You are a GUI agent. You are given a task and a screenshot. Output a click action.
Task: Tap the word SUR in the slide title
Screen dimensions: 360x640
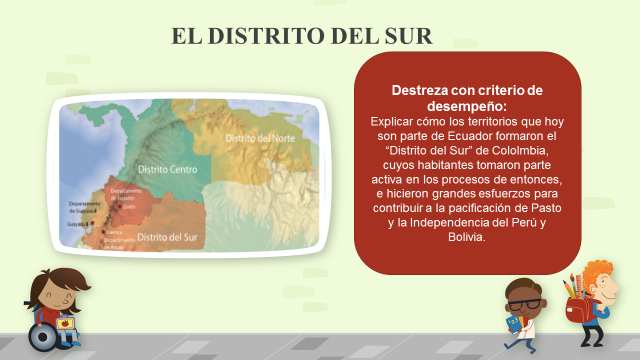click(x=408, y=38)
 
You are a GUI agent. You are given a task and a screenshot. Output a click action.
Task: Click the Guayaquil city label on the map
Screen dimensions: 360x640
click(x=78, y=226)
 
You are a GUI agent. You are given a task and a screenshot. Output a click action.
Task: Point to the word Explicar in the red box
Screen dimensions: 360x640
click(x=394, y=120)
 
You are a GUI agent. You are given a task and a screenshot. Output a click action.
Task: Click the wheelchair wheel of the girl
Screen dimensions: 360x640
click(x=43, y=337)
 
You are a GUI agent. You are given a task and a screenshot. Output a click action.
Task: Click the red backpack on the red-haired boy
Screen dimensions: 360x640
click(x=577, y=309)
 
